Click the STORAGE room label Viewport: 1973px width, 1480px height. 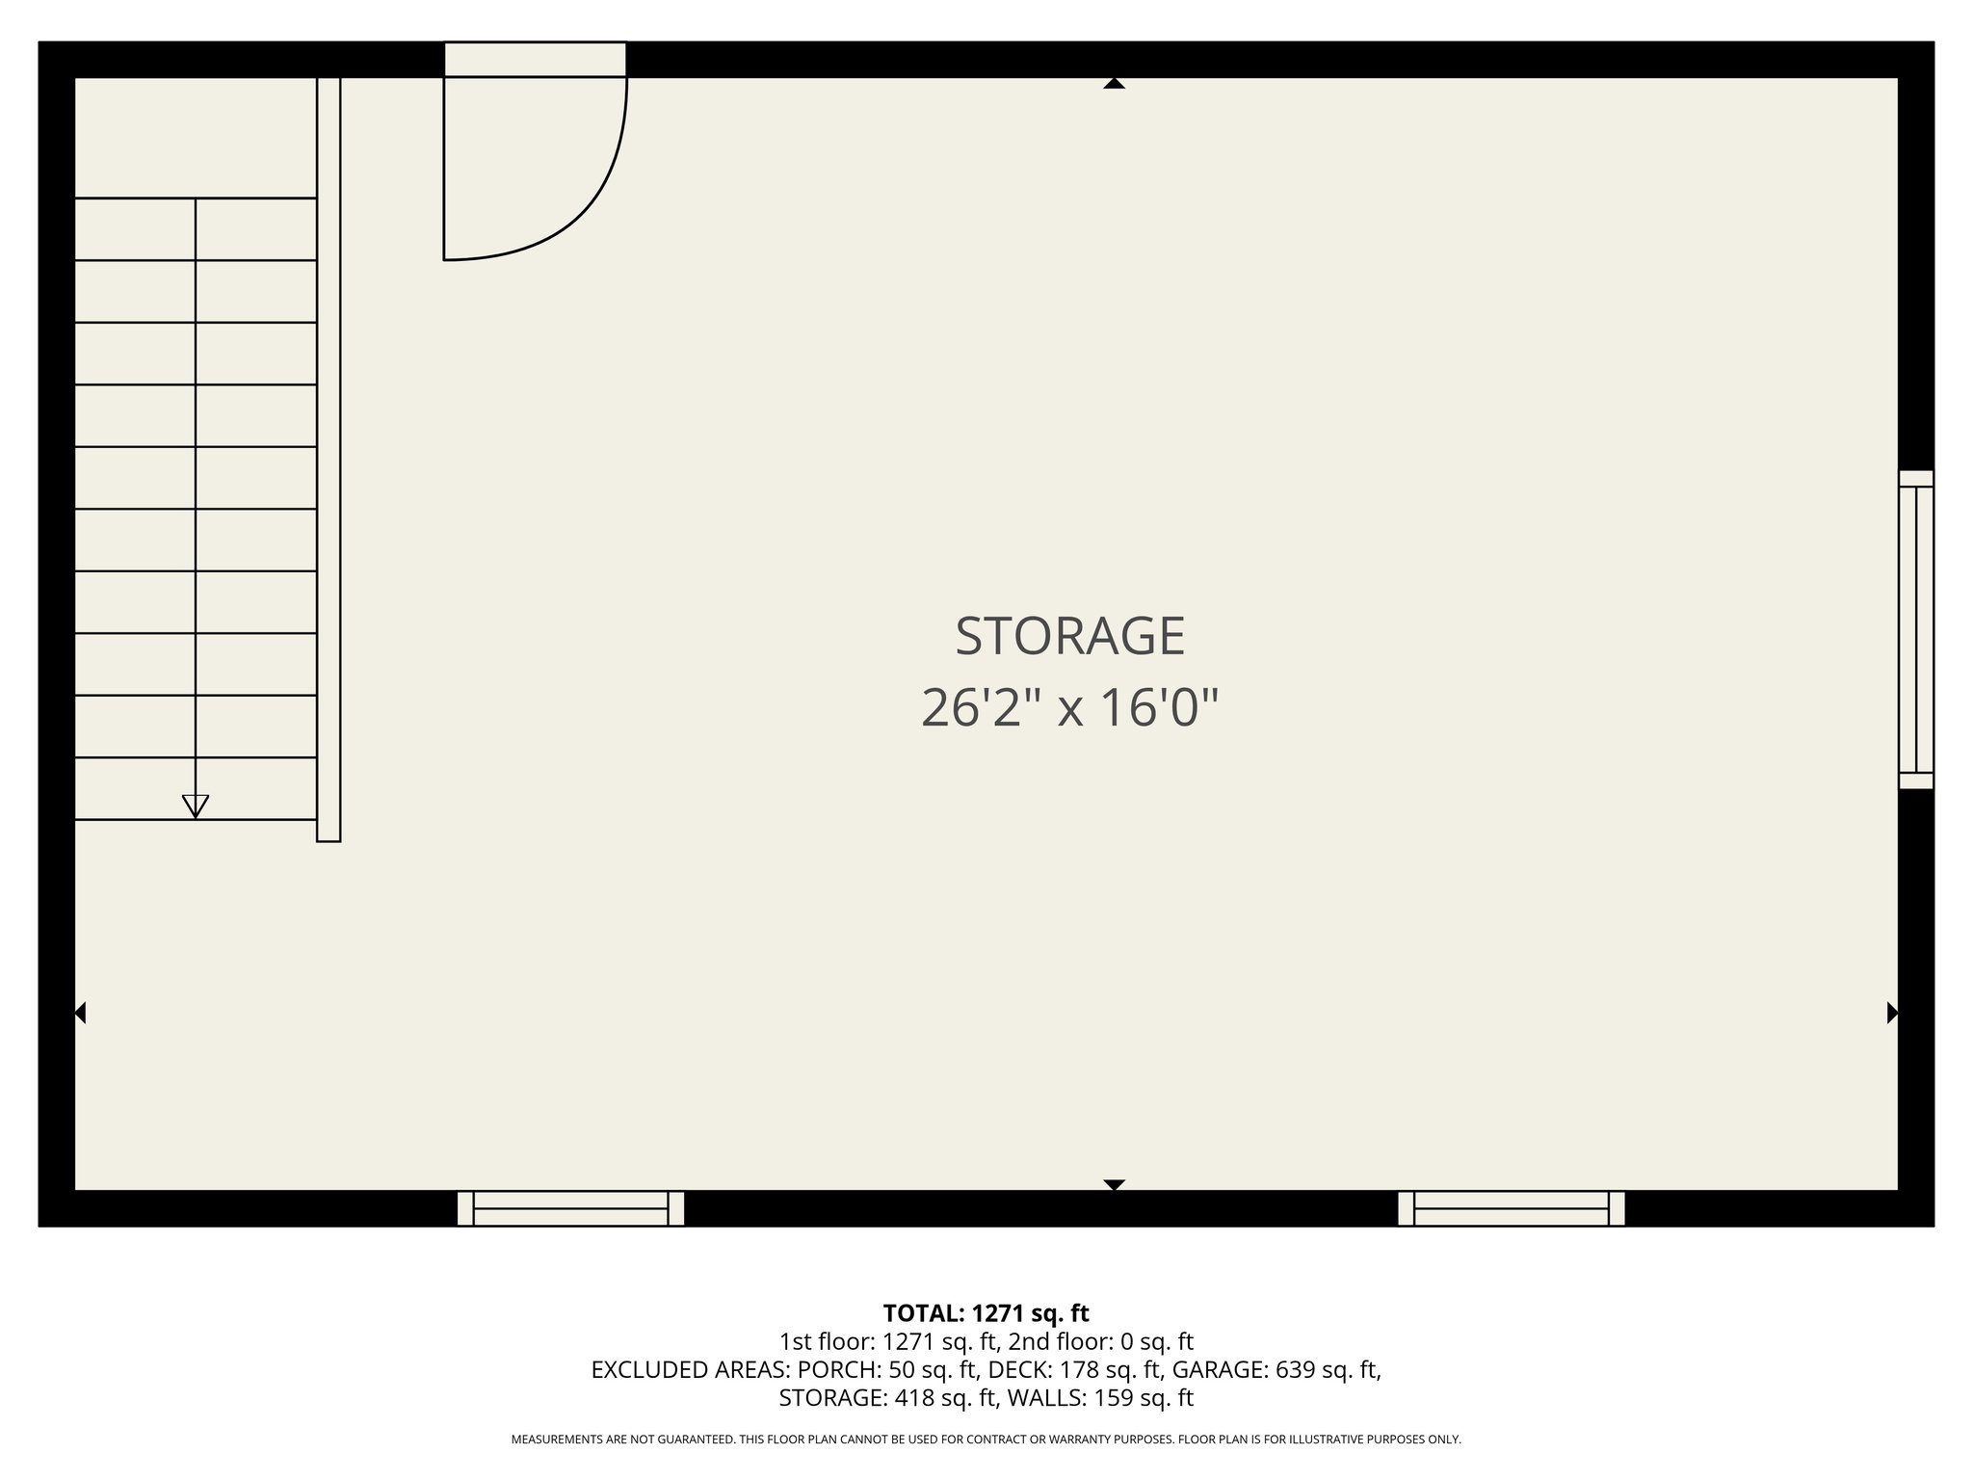click(1069, 637)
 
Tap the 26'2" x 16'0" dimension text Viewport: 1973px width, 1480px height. click(1069, 708)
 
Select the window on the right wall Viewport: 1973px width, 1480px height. click(1915, 629)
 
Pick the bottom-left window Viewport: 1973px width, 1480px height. click(570, 1207)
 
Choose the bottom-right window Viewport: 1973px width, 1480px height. click(1511, 1207)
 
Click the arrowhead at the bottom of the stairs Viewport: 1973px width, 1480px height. click(196, 806)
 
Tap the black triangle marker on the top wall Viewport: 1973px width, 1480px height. click(1114, 84)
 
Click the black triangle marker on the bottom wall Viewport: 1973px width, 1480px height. click(1114, 1184)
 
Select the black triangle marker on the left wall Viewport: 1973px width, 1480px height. click(81, 1013)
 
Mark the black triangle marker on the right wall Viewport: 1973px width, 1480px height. click(1892, 1013)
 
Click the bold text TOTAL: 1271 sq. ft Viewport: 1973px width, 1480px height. click(986, 1313)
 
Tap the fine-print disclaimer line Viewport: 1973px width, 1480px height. click(986, 1440)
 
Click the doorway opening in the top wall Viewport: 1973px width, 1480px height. click(535, 59)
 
